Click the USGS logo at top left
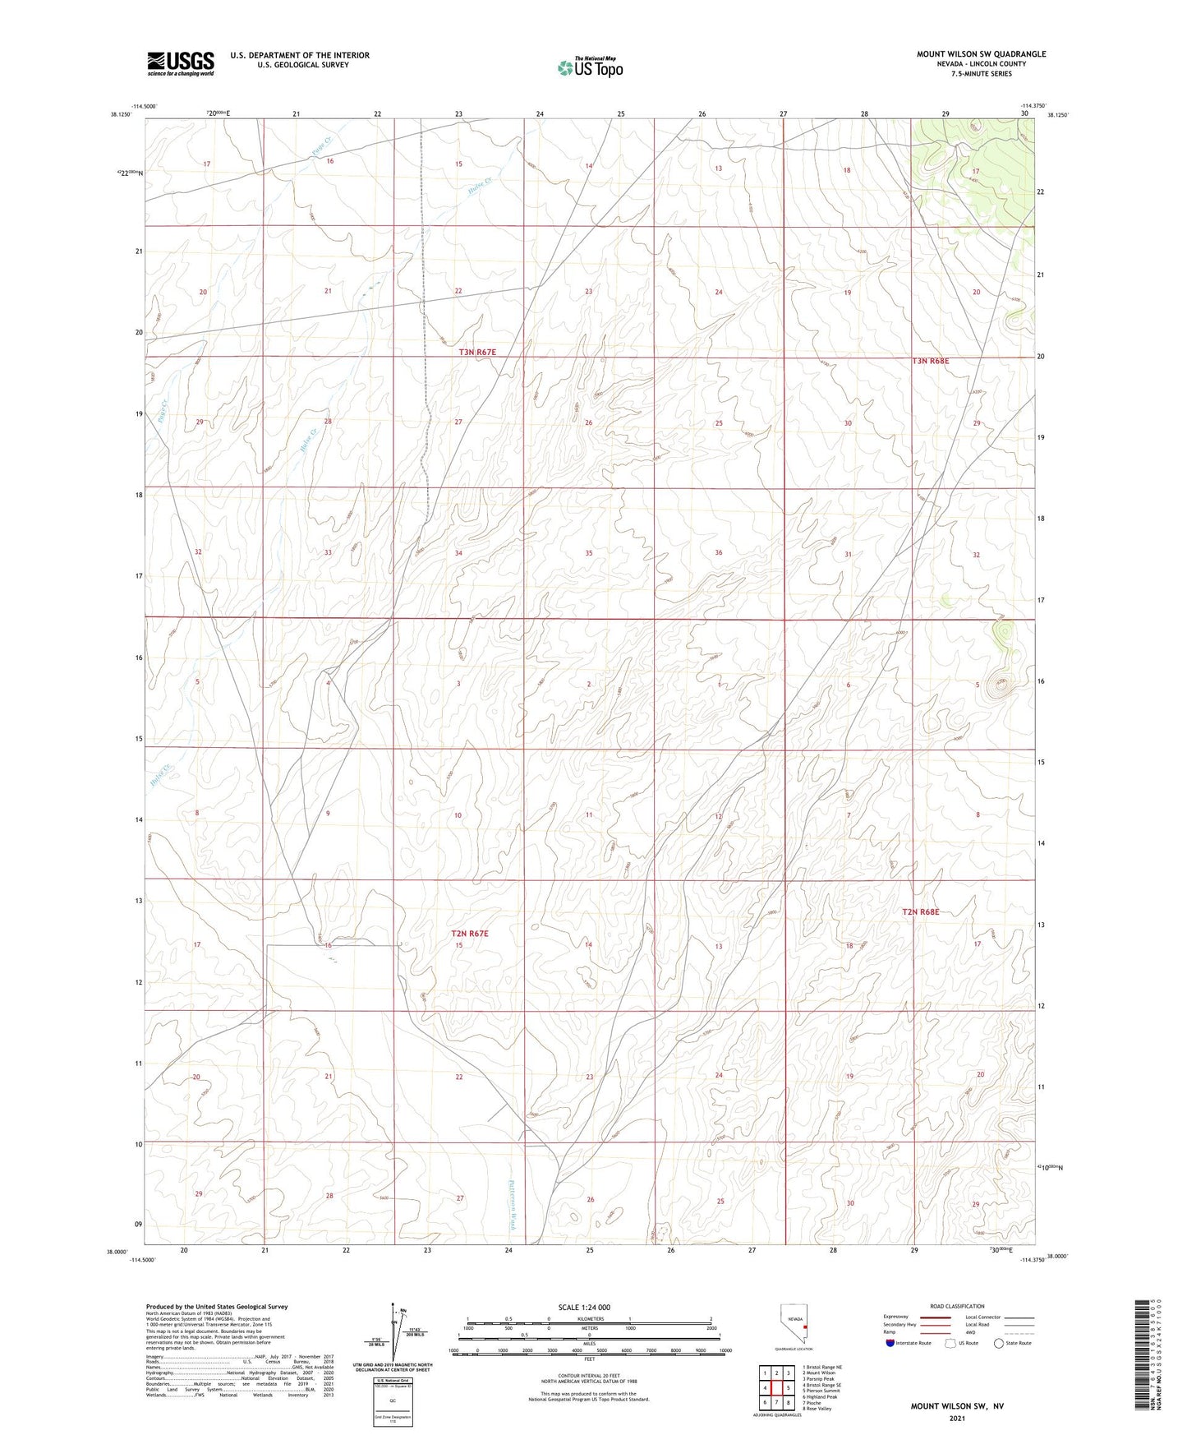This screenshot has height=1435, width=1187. [180, 62]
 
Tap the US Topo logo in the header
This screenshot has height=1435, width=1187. [589, 67]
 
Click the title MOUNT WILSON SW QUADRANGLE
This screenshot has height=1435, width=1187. [981, 54]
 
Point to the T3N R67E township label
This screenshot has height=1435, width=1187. [477, 352]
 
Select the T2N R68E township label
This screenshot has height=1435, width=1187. [920, 911]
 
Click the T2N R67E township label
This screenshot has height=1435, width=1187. [470, 934]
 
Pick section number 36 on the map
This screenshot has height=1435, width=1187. [719, 552]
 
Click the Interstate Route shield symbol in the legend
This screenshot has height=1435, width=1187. [890, 1343]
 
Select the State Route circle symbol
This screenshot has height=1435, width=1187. [998, 1343]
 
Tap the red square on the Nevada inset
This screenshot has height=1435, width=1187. [805, 1327]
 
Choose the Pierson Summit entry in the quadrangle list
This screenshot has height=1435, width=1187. [822, 1391]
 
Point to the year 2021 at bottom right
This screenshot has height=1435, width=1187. [957, 1419]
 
